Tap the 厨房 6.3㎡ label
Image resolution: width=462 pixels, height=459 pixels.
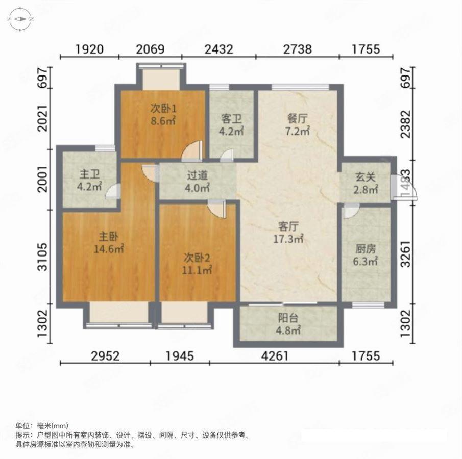(x=366, y=255)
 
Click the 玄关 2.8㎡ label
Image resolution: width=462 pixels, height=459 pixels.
(x=366, y=183)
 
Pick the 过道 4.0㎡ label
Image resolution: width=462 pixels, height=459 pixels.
(x=198, y=181)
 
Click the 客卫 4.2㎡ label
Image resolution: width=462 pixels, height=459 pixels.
(x=231, y=124)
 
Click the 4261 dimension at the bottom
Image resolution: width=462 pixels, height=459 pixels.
(x=276, y=356)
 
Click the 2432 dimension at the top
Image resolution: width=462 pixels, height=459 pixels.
(x=219, y=49)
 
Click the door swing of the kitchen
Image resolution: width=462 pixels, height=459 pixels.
(x=351, y=210)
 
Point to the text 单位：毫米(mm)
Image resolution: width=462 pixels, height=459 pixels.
(x=41, y=426)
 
